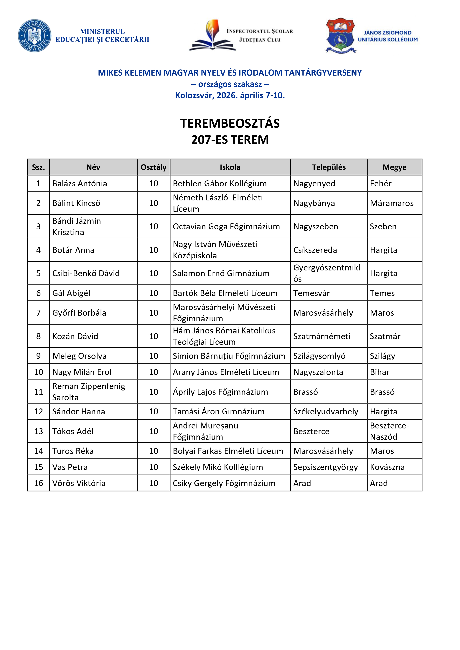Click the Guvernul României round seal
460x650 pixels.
[34, 36]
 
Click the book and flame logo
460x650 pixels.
[212, 35]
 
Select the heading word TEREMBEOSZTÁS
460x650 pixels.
[230, 123]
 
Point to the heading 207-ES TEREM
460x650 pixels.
[230, 139]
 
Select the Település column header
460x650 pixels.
[329, 167]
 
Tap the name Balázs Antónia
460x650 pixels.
[80, 183]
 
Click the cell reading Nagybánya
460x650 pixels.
[314, 203]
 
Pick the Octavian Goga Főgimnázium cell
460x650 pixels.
[226, 227]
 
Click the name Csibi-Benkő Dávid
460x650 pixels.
[86, 273]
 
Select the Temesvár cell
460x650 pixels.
[311, 293]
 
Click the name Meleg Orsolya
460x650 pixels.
[79, 356]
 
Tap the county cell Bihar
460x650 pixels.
[380, 372]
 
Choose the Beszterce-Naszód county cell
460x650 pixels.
[389, 431]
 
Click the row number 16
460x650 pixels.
[39, 483]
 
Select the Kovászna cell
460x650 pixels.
[387, 467]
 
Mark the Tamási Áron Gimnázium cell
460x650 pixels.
[219, 411]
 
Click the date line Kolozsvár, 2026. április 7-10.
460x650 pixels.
[230, 95]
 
